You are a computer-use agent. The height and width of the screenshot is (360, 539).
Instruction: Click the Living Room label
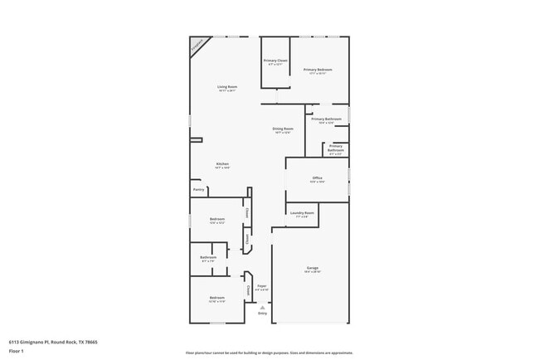pos(227,87)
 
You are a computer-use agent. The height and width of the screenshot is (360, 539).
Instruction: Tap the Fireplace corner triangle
pos(197,46)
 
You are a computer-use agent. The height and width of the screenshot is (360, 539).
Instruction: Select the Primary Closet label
pos(275,61)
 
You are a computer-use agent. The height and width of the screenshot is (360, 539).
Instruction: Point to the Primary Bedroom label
pos(317,70)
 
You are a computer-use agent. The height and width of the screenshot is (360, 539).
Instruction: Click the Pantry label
pos(198,190)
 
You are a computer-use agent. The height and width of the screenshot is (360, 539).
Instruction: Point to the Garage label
pos(313,268)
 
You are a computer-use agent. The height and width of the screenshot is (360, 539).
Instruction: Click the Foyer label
pos(261,285)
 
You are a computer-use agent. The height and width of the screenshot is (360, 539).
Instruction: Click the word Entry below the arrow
pos(262,314)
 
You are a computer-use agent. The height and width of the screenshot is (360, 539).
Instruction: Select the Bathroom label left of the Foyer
pos(208,257)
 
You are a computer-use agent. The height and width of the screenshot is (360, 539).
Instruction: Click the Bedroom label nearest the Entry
pos(216,298)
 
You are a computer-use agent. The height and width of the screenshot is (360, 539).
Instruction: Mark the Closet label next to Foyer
pos(248,289)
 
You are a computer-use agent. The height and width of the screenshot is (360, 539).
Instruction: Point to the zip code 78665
pos(91,341)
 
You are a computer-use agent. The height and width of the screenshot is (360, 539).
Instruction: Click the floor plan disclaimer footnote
pos(269,353)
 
